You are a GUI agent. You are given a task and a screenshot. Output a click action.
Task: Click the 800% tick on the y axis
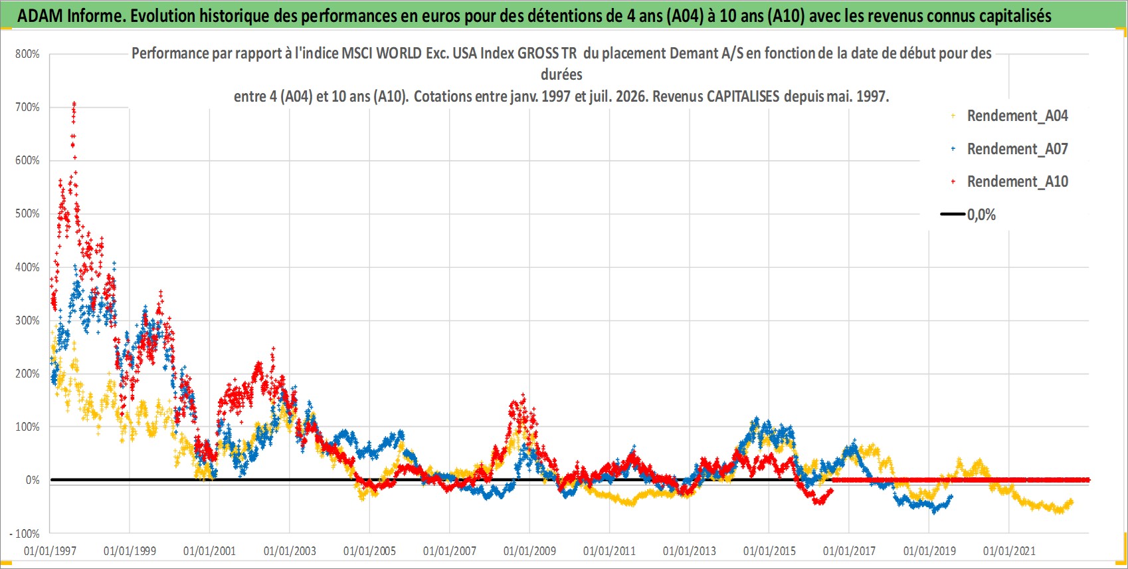27,54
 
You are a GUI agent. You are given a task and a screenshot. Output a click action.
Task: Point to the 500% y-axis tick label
27,213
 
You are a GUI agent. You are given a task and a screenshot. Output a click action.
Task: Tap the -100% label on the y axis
24,533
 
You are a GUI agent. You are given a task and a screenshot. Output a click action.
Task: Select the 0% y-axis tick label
33,481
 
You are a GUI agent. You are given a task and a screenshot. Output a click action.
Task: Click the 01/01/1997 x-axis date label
50,551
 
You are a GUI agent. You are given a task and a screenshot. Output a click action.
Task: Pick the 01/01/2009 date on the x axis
529,551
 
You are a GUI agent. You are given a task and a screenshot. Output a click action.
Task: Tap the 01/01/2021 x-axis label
1009,551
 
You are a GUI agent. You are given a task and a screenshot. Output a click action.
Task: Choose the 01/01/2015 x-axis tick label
769,551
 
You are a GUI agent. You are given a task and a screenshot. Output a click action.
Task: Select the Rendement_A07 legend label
1017,149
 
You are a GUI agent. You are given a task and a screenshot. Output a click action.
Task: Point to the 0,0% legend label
981,215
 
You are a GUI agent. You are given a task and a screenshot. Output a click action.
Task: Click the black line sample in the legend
952,214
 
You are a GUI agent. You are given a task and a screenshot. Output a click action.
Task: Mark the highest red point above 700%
74,103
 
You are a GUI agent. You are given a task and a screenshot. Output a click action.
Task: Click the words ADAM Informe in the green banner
70,16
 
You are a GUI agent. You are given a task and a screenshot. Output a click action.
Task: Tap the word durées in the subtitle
561,74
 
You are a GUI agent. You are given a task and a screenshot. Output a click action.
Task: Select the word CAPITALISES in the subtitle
743,96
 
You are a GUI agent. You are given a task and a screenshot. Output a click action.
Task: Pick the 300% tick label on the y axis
27,320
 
